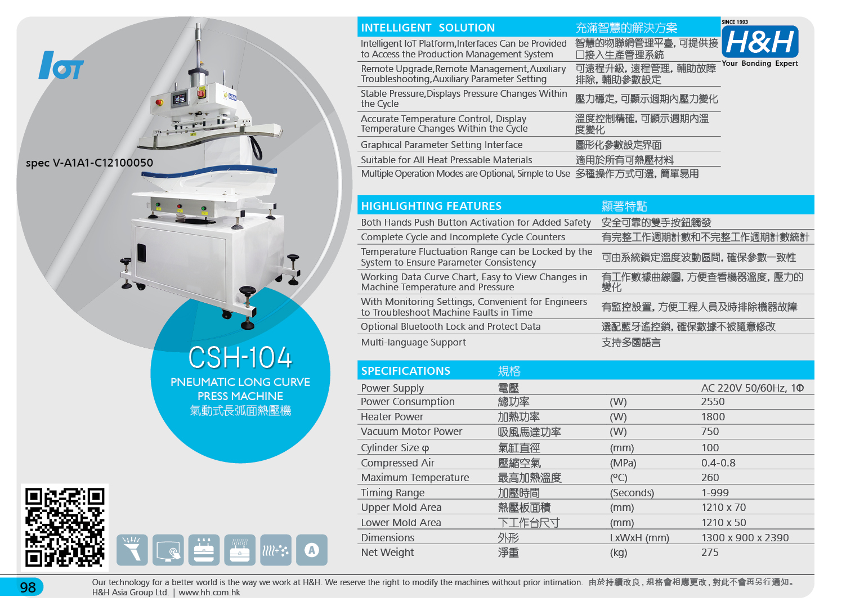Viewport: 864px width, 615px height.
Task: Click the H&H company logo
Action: (759, 42)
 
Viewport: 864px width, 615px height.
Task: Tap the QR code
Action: (65, 527)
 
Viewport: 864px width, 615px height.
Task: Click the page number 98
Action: (28, 587)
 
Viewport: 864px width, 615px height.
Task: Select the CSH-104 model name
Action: (240, 357)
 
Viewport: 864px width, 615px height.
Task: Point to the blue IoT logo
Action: (61, 65)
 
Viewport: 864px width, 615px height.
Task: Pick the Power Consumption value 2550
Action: (713, 402)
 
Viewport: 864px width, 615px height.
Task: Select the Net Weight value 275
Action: (710, 553)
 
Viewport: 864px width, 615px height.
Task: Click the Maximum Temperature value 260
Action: (710, 478)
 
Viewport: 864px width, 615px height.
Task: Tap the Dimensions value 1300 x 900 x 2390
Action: (745, 537)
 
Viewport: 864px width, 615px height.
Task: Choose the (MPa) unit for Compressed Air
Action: (623, 463)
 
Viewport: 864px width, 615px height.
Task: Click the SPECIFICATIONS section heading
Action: (405, 371)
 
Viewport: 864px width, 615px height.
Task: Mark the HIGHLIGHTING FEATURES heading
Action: (431, 207)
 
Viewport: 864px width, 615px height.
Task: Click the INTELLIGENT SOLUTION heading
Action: (428, 28)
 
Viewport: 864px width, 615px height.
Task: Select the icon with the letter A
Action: (312, 550)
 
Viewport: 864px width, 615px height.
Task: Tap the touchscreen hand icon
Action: (168, 550)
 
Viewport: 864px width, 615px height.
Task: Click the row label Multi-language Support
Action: (413, 343)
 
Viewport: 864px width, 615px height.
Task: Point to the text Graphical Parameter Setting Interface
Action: (442, 145)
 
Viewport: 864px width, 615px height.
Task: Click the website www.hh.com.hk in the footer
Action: (209, 592)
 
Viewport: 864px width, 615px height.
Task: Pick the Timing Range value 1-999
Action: (715, 493)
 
